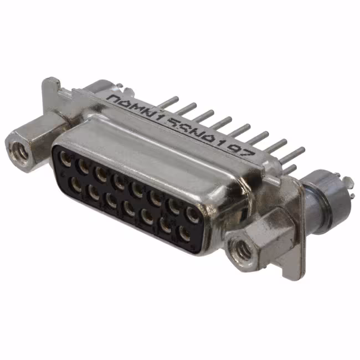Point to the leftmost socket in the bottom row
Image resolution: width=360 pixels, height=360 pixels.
pyautogui.click(x=76, y=184)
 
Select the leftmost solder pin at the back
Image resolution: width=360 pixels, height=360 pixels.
pyautogui.click(x=170, y=101)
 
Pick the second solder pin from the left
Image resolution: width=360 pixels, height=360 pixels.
pyautogui.click(x=188, y=107)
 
